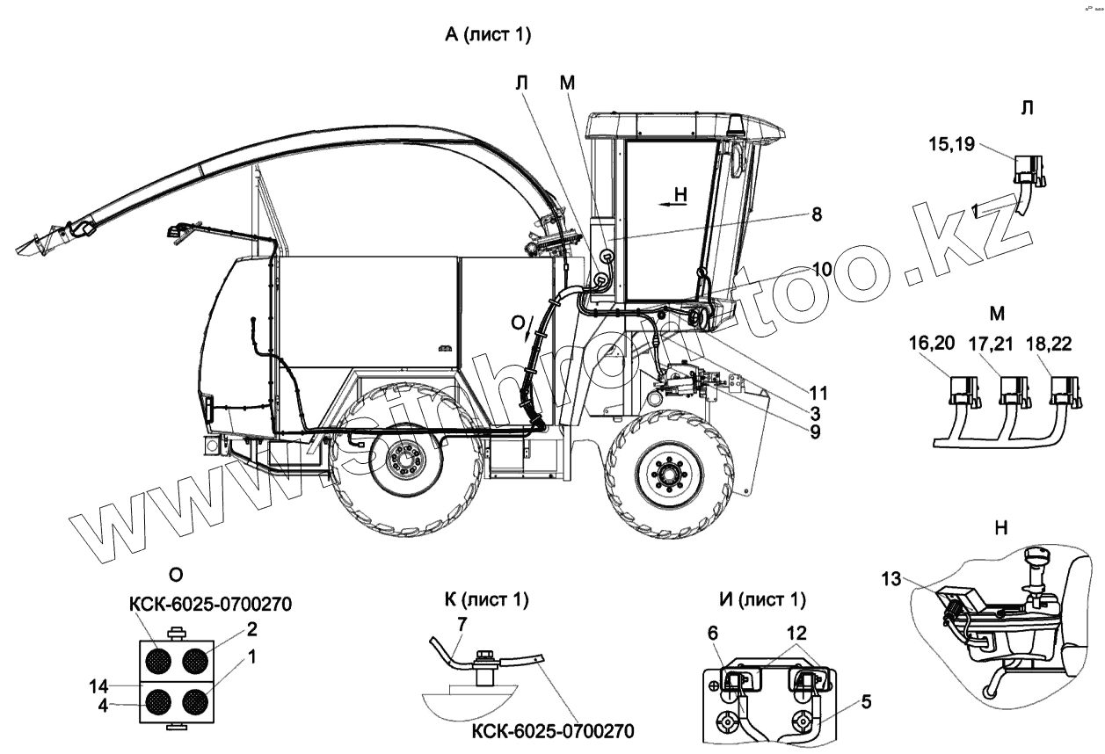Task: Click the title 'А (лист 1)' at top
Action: [489, 35]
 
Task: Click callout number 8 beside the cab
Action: [817, 214]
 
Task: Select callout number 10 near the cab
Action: [821, 270]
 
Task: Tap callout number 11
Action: [818, 392]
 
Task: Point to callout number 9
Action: [817, 431]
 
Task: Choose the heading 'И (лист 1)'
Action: [761, 600]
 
